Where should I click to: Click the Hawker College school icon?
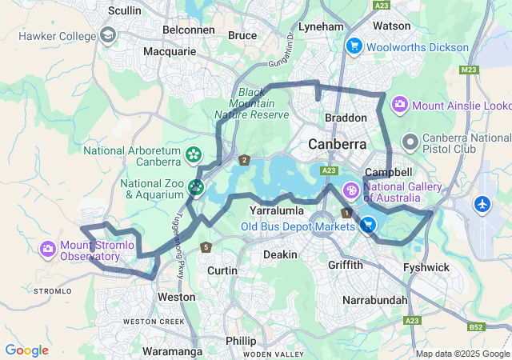coord(108,35)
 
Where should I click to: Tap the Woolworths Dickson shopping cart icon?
coord(353,46)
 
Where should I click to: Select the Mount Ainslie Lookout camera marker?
coord(399,105)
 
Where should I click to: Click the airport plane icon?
coord(482,204)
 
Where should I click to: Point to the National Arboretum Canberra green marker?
coord(193,154)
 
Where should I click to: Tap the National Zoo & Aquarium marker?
coord(196,188)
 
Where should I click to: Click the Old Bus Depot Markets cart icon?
coord(367,226)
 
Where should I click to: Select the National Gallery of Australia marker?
coord(350,191)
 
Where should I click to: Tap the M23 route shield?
coord(470,70)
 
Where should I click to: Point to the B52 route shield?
coord(476,327)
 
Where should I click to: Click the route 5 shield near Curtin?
coord(206,246)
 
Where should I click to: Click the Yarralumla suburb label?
coord(275,210)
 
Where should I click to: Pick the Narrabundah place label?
coord(374,299)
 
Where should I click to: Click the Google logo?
coord(26,350)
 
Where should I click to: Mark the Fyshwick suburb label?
coord(426,267)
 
